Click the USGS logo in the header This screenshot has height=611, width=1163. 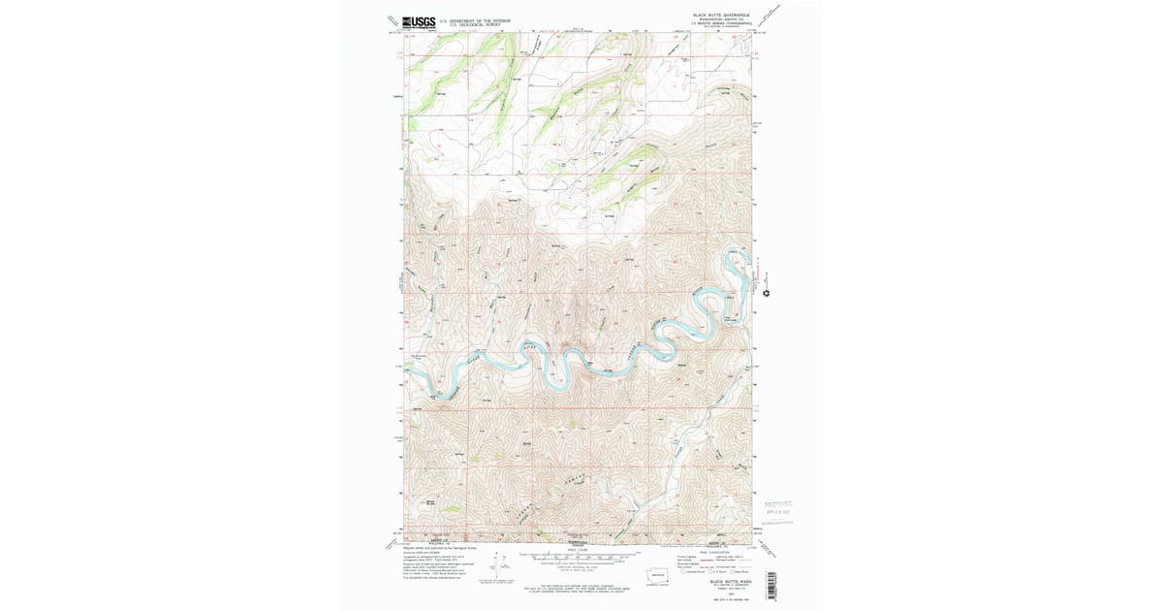(419, 21)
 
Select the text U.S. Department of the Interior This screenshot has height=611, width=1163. (474, 19)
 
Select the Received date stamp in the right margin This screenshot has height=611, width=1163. (778, 508)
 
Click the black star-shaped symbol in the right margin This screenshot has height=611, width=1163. (767, 293)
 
